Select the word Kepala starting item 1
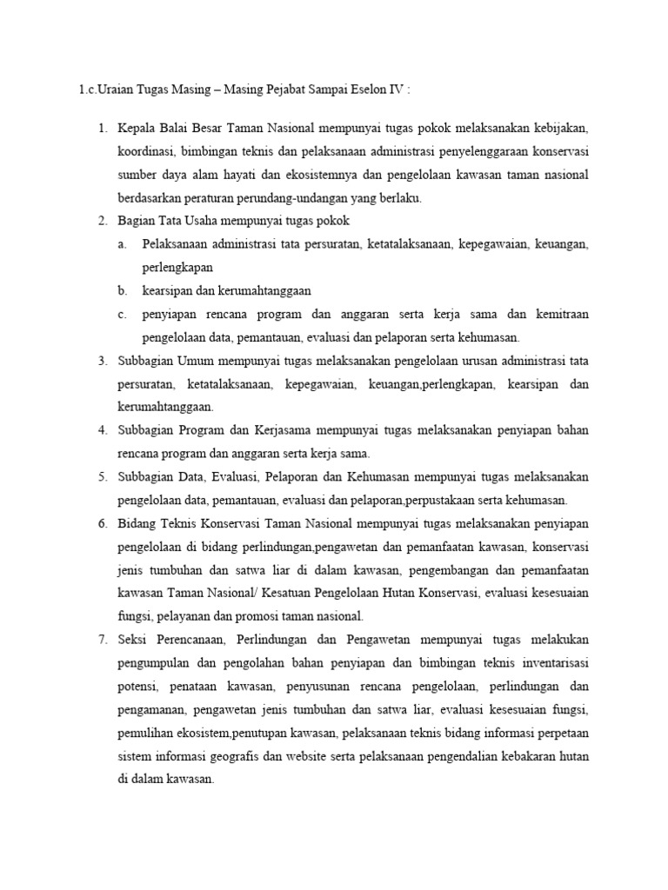click(138, 129)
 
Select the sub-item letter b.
click(123, 290)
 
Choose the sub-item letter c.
click(123, 314)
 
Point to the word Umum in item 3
click(196, 360)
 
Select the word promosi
click(261, 615)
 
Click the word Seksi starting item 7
click(136, 639)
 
